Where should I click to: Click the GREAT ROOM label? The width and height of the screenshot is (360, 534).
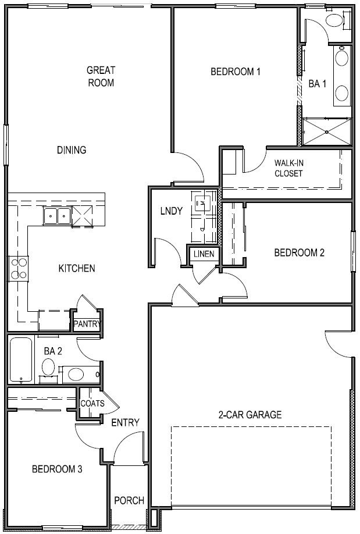101,76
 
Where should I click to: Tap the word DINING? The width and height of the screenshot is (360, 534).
72,150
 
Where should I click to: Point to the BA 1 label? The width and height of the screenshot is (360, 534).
317,84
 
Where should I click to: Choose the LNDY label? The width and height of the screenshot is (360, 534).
172,211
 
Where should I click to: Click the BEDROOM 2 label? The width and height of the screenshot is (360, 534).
299,252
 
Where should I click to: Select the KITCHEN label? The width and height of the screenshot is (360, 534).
76,268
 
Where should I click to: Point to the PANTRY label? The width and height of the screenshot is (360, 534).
87,324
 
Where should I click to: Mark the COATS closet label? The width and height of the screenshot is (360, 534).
92,403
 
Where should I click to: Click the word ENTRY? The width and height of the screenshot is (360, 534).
125,422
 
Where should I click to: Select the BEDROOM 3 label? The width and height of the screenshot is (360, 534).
57,469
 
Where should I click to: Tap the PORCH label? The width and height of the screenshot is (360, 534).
129,500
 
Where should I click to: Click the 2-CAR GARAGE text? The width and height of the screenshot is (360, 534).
250,415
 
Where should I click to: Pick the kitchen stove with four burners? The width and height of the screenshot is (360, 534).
19,268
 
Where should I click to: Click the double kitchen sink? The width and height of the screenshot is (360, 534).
57,217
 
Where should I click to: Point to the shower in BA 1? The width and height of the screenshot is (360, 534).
326,131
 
